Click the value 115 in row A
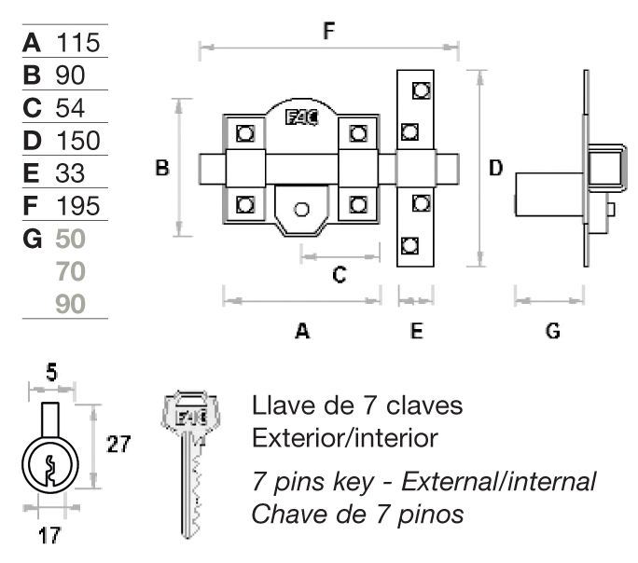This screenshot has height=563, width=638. tap(77, 43)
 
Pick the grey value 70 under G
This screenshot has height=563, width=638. tap(71, 271)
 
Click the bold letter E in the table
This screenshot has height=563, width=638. tap(33, 173)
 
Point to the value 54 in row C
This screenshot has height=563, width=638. tap(70, 108)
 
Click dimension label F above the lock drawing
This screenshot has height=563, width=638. tap(328, 31)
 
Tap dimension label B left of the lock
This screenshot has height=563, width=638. tap(162, 169)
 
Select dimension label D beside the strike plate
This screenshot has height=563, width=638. tap(496, 168)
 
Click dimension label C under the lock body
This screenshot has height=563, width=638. tap(340, 274)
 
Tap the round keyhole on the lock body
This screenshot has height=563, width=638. tap(300, 208)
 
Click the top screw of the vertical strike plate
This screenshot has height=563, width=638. tap(417, 89)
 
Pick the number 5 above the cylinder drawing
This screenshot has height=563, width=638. tap(51, 375)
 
